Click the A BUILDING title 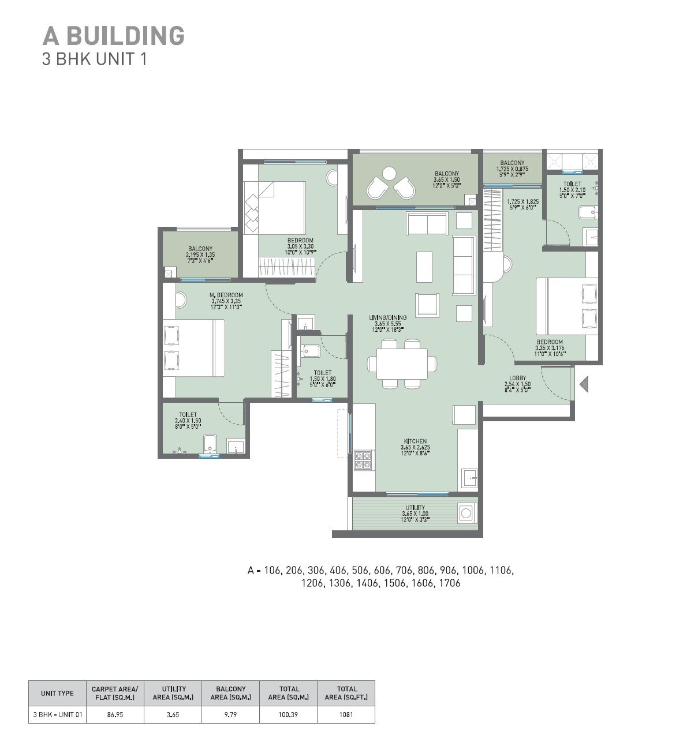113,36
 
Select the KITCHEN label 415,441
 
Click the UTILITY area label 415,508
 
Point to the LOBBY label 517,378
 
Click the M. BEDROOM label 226,295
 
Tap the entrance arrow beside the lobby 584,384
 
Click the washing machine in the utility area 466,512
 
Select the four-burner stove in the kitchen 363,459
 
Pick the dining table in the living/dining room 402,364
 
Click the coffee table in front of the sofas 424,267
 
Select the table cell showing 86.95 115,714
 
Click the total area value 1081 346,714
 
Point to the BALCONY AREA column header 230,693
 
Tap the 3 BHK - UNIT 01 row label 58,714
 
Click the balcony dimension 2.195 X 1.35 200,254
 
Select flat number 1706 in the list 449,583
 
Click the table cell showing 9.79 230,714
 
